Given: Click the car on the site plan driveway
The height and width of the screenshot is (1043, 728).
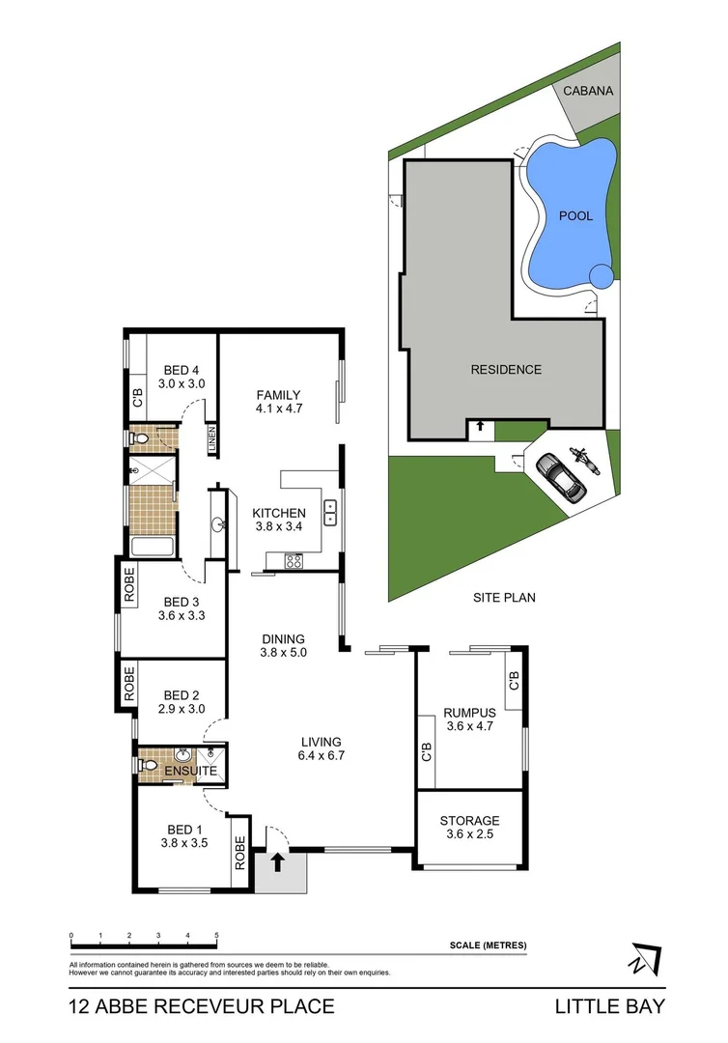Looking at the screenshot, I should (x=560, y=477).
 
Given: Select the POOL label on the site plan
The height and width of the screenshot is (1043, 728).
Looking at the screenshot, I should (x=575, y=216).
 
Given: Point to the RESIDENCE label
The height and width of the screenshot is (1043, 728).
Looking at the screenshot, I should (x=505, y=369).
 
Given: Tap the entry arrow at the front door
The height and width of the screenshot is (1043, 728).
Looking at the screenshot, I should (x=279, y=861).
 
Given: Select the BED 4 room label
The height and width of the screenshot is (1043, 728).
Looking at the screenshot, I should (x=181, y=370).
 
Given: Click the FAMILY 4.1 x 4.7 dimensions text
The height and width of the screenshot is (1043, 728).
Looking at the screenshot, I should (x=278, y=409).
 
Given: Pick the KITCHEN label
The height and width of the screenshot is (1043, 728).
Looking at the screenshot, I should (x=278, y=513).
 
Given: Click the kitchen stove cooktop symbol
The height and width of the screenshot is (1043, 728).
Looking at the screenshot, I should (x=293, y=560).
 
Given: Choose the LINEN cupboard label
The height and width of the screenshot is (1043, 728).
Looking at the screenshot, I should (x=210, y=440).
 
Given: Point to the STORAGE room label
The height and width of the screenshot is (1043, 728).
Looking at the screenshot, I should (x=472, y=821).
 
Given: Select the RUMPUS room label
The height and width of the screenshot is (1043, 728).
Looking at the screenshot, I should (x=468, y=714).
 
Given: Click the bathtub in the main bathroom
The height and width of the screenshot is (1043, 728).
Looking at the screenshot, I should (x=152, y=548).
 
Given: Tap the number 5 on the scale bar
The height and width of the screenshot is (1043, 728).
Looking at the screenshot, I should (x=217, y=936).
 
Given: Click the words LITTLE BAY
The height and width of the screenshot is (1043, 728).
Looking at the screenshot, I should (x=609, y=1006).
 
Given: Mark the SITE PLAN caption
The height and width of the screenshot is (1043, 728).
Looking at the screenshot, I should (x=504, y=598).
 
